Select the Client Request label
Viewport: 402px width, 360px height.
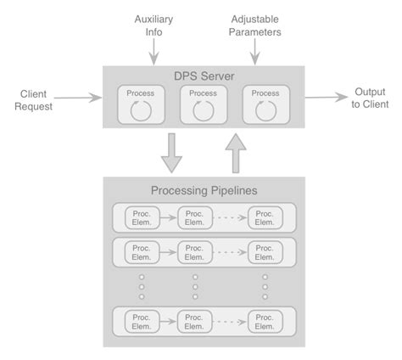34,101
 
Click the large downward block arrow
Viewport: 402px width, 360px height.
172,152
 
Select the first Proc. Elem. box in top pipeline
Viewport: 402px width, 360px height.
141,217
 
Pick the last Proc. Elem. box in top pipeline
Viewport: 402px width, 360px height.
265,217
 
